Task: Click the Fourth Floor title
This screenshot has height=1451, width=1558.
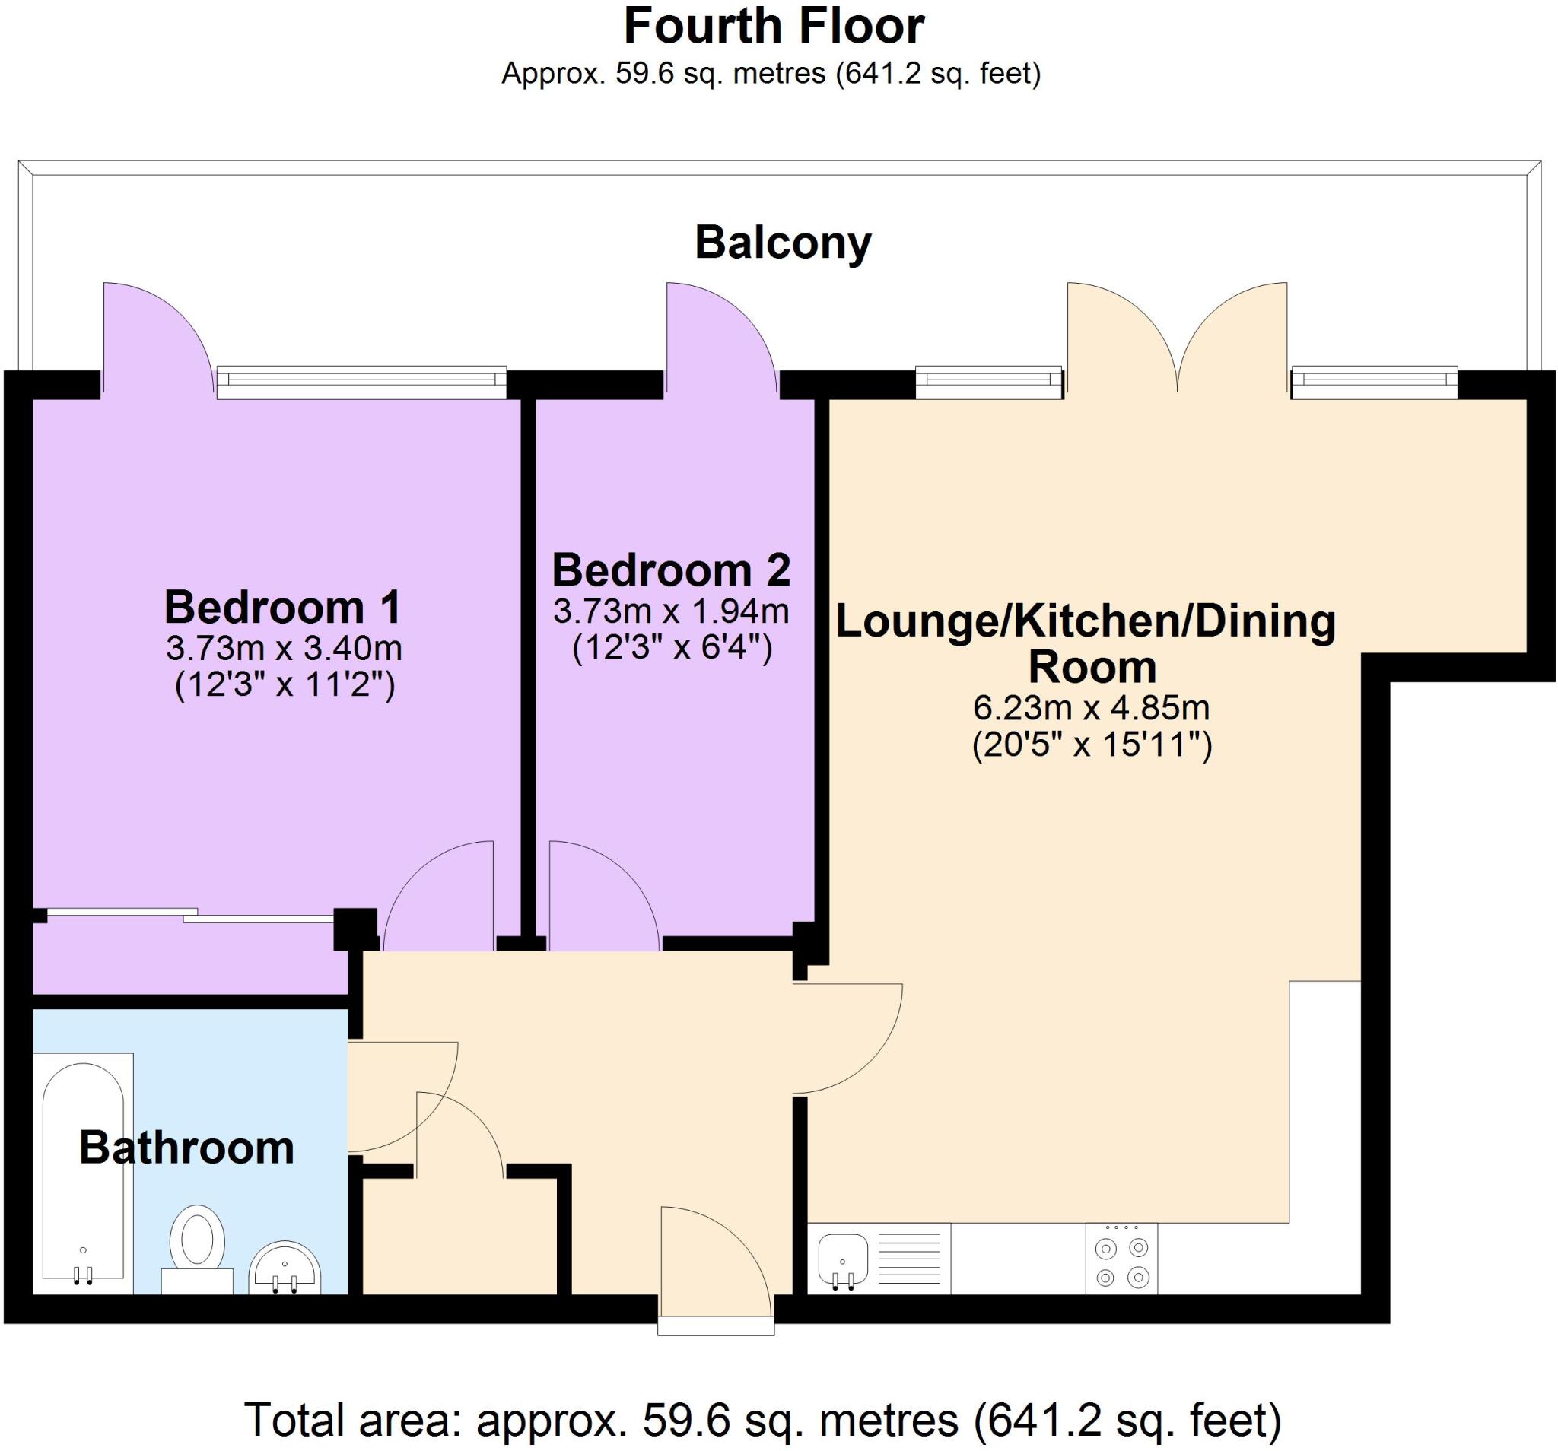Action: (x=774, y=27)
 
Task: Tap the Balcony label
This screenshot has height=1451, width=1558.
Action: (x=782, y=243)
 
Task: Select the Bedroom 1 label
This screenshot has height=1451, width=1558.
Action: (x=283, y=607)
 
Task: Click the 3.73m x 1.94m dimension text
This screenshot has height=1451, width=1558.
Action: (x=671, y=611)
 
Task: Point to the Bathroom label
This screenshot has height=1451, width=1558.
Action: (x=186, y=1148)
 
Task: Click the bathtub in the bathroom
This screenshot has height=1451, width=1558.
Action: (x=83, y=1171)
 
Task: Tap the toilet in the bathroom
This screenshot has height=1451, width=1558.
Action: (x=198, y=1247)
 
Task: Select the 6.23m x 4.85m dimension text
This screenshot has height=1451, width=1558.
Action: (x=1091, y=708)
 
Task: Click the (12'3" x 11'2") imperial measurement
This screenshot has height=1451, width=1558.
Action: (x=284, y=685)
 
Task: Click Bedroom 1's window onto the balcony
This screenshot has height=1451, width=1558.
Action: (x=361, y=382)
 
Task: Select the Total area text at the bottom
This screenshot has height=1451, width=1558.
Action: (x=762, y=1420)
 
